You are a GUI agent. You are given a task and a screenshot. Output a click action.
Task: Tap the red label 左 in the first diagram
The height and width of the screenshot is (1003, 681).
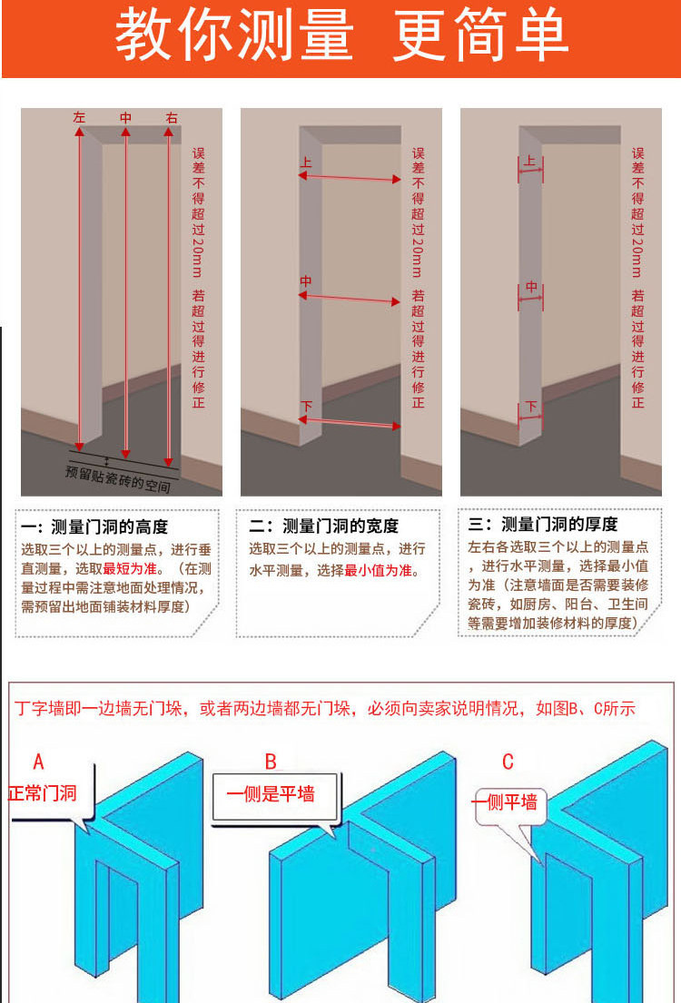(79, 118)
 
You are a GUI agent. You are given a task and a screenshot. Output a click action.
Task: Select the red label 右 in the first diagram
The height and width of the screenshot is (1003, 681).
(172, 118)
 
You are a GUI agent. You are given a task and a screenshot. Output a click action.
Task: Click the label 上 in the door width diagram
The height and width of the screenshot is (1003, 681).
(305, 163)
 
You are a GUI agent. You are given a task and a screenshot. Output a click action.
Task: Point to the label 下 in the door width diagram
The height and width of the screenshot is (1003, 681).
(305, 406)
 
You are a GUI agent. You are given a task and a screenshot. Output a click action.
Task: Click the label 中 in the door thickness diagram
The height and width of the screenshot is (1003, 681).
(531, 287)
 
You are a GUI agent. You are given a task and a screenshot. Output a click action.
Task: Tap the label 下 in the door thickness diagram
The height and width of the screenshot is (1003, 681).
(531, 406)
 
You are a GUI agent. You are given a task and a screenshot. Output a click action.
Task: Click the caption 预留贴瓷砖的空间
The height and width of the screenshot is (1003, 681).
(119, 479)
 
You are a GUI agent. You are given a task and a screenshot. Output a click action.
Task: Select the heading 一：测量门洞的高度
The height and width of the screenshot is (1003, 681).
(94, 527)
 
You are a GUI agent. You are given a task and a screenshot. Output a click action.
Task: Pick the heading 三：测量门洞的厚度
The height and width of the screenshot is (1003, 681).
(543, 525)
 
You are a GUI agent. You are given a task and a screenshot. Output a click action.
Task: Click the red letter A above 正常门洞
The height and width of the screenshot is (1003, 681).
(38, 762)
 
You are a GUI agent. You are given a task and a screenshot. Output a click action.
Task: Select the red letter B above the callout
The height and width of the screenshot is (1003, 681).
(271, 761)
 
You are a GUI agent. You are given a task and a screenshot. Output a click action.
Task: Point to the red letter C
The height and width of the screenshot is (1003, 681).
(508, 761)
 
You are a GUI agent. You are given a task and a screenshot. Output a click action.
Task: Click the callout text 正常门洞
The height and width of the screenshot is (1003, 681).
(43, 792)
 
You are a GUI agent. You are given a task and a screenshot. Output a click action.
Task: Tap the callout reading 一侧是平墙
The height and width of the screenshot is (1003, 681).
(270, 793)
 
